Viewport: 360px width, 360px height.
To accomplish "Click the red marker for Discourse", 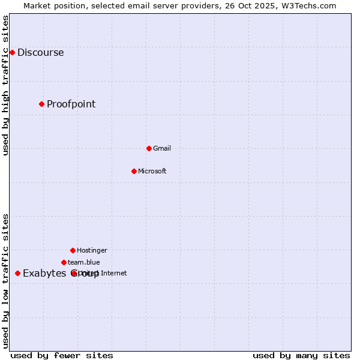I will pyautogui.click(x=12, y=52).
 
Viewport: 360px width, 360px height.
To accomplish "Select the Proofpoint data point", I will pyautogui.click(x=41, y=104).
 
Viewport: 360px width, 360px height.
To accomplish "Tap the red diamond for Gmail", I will pyautogui.click(x=149, y=148).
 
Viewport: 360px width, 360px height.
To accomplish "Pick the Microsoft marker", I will pyautogui.click(x=134, y=171).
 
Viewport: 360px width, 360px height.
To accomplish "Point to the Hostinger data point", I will pyautogui.click(x=73, y=250).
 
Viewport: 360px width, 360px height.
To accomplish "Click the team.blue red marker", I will pyautogui.click(x=64, y=262).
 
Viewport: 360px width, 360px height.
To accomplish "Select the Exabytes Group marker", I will pyautogui.click(x=17, y=273).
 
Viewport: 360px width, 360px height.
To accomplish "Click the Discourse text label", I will pyautogui.click(x=40, y=52).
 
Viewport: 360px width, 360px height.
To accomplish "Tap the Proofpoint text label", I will pyautogui.click(x=71, y=104).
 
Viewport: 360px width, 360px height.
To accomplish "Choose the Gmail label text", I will pyautogui.click(x=162, y=148).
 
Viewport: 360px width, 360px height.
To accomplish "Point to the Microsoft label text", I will pyautogui.click(x=152, y=171).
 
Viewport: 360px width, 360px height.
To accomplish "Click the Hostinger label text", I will pyautogui.click(x=92, y=250).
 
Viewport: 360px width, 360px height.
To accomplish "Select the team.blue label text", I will pyautogui.click(x=84, y=262).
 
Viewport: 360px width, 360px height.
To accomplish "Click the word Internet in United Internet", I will pyautogui.click(x=114, y=273).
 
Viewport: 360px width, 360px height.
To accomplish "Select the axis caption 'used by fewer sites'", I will pyautogui.click(x=62, y=355).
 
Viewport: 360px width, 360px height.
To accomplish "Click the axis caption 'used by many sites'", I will pyautogui.click(x=301, y=355).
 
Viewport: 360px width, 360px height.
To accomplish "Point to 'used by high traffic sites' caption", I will pyautogui.click(x=5, y=85).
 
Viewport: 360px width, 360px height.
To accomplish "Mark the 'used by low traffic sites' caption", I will pyautogui.click(x=5, y=281).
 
